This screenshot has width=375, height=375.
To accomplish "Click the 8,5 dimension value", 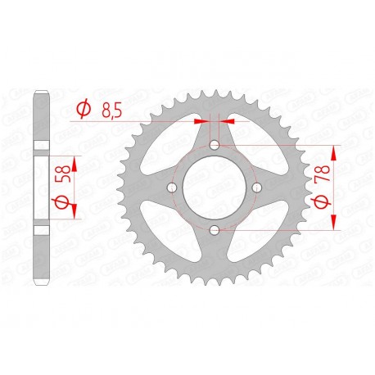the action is tap(111, 111).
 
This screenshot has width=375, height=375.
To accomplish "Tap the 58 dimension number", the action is tap(63, 174).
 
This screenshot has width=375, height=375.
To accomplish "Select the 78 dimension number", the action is tap(323, 174).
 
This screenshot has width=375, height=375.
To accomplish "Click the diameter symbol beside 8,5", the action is tap(84, 110).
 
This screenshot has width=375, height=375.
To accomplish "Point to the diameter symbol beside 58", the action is tap(62, 202).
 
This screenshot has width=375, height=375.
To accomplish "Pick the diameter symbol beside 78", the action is tap(322, 202).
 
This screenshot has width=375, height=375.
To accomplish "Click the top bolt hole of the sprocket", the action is tap(215, 145).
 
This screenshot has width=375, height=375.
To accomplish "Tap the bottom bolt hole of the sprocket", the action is tap(215, 230).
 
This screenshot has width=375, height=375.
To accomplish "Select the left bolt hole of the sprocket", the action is tap(172, 187).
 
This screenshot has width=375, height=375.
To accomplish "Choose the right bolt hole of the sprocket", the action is tap(257, 187).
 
